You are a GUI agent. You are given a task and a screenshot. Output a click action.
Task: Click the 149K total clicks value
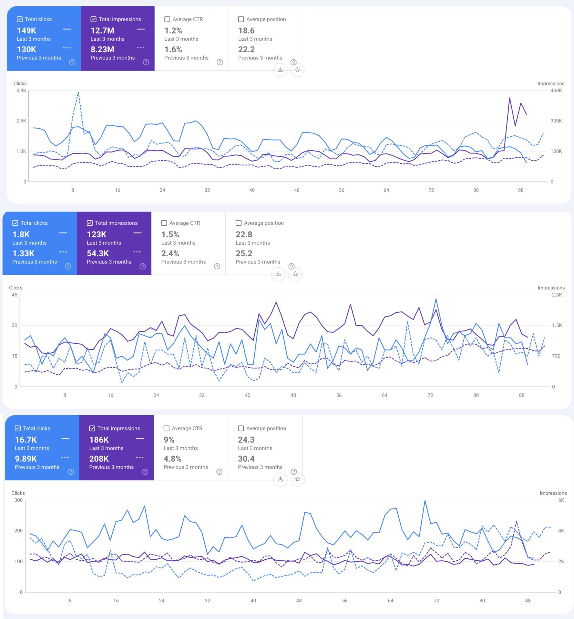point(26,31)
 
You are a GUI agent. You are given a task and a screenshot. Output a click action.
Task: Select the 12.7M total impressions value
point(102,31)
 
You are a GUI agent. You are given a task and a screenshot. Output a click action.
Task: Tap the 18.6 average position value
point(246,31)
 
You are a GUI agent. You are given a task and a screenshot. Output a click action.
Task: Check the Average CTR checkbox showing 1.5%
point(164,223)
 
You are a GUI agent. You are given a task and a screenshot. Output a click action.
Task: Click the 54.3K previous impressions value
point(98,253)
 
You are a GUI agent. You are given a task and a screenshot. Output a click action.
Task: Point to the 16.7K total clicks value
point(26,440)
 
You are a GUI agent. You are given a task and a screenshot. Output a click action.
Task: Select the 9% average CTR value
point(169,440)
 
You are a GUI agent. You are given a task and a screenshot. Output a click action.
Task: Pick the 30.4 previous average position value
point(246,459)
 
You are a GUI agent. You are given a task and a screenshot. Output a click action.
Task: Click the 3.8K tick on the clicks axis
point(21,91)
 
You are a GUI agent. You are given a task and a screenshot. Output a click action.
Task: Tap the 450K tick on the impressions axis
point(556,91)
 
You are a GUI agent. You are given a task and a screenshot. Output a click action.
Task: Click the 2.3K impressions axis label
point(557,295)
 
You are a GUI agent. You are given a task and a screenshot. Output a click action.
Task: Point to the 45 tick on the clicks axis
point(15,295)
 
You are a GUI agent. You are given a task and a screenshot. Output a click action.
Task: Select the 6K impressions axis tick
point(561,500)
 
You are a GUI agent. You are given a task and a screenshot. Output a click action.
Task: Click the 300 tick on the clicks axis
point(18,500)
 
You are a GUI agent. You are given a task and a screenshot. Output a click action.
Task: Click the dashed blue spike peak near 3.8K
point(78,93)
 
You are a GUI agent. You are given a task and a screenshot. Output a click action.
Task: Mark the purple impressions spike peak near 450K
point(509,98)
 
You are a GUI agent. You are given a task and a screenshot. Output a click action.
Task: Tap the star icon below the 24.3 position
point(298,479)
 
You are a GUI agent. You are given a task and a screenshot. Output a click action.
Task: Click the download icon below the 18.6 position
point(280,70)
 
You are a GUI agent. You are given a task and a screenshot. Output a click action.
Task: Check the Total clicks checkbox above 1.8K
point(15,223)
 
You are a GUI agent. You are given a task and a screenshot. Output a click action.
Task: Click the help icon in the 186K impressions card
point(145,472)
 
